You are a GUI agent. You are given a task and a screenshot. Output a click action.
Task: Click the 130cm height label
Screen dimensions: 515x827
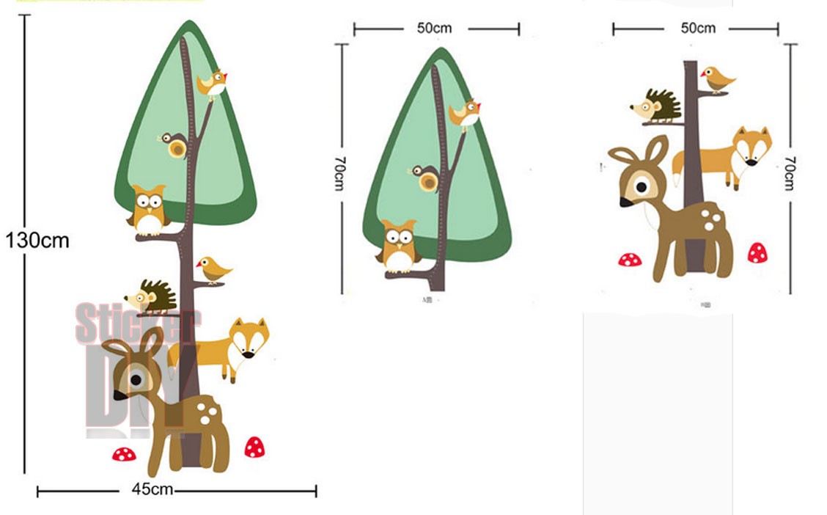tap(37, 240)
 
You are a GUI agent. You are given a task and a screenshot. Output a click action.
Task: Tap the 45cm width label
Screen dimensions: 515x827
tap(152, 489)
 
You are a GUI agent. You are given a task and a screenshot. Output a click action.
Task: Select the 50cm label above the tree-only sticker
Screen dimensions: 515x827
tap(435, 28)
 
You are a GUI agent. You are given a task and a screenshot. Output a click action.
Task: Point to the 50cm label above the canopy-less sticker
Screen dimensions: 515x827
tap(698, 28)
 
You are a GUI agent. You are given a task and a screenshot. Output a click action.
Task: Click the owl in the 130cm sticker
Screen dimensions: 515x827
tap(149, 209)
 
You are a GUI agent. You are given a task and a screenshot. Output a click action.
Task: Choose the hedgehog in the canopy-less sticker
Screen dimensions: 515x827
tap(657, 106)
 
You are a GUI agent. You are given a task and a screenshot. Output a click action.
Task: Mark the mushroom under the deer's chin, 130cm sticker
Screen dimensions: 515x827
tap(124, 454)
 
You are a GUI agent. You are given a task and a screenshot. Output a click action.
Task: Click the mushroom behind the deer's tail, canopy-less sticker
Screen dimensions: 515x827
tap(757, 253)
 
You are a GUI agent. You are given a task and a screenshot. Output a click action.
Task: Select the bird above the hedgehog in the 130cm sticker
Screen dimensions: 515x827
tap(213, 269)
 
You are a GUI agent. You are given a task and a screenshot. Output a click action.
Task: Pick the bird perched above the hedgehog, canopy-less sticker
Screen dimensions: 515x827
tap(718, 78)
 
